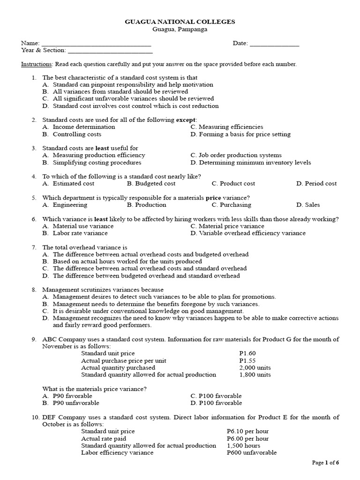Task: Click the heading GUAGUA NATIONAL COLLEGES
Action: point(180,22)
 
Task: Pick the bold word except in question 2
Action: point(186,120)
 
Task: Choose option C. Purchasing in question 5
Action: point(231,205)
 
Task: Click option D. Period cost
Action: point(316,184)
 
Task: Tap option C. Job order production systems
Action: point(236,155)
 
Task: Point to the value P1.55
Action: point(247,360)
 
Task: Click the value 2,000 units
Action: point(255,368)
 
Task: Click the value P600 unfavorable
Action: point(251,453)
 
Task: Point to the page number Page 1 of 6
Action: point(325,463)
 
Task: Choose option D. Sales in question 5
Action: point(308,205)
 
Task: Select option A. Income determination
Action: point(78,127)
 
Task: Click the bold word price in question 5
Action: point(213,198)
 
